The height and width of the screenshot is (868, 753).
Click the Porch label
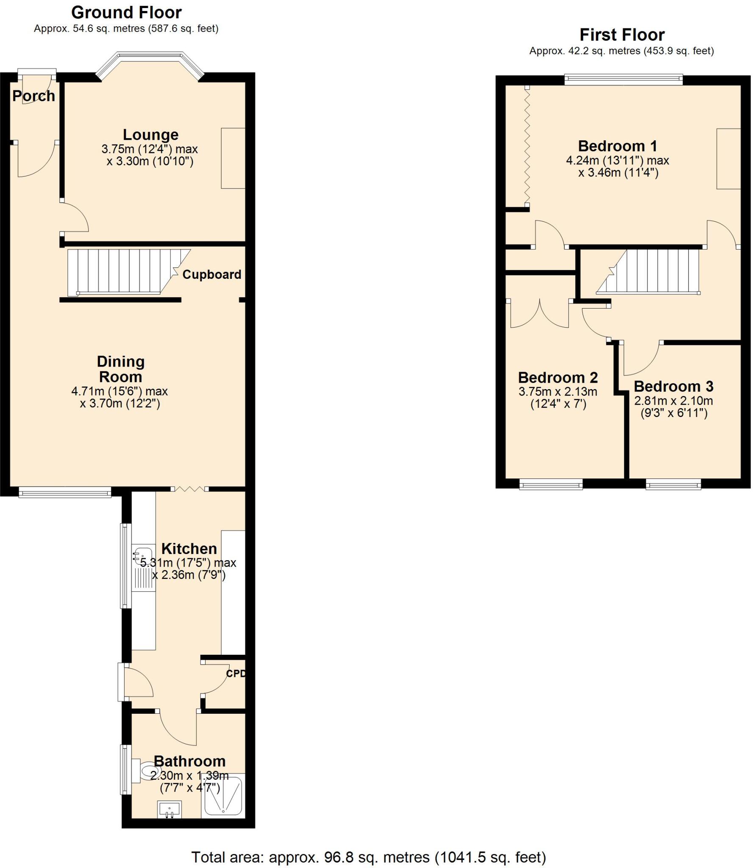click(x=33, y=96)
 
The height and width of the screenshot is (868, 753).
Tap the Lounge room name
click(x=150, y=135)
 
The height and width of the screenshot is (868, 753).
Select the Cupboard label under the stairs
click(x=211, y=275)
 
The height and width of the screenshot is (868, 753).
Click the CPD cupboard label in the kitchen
click(x=236, y=673)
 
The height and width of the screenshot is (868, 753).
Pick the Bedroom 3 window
click(x=673, y=484)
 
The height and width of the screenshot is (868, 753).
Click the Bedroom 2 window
click(x=550, y=484)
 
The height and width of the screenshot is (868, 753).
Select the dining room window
click(x=65, y=492)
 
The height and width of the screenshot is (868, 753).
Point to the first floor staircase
click(x=653, y=271)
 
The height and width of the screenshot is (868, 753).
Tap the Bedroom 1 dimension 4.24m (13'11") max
click(x=617, y=161)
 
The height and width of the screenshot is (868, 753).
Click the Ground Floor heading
click(x=126, y=13)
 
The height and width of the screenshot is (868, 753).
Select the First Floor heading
click(x=622, y=35)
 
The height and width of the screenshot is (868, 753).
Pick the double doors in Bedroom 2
click(x=539, y=314)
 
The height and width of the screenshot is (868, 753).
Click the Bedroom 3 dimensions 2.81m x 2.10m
click(x=673, y=401)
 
